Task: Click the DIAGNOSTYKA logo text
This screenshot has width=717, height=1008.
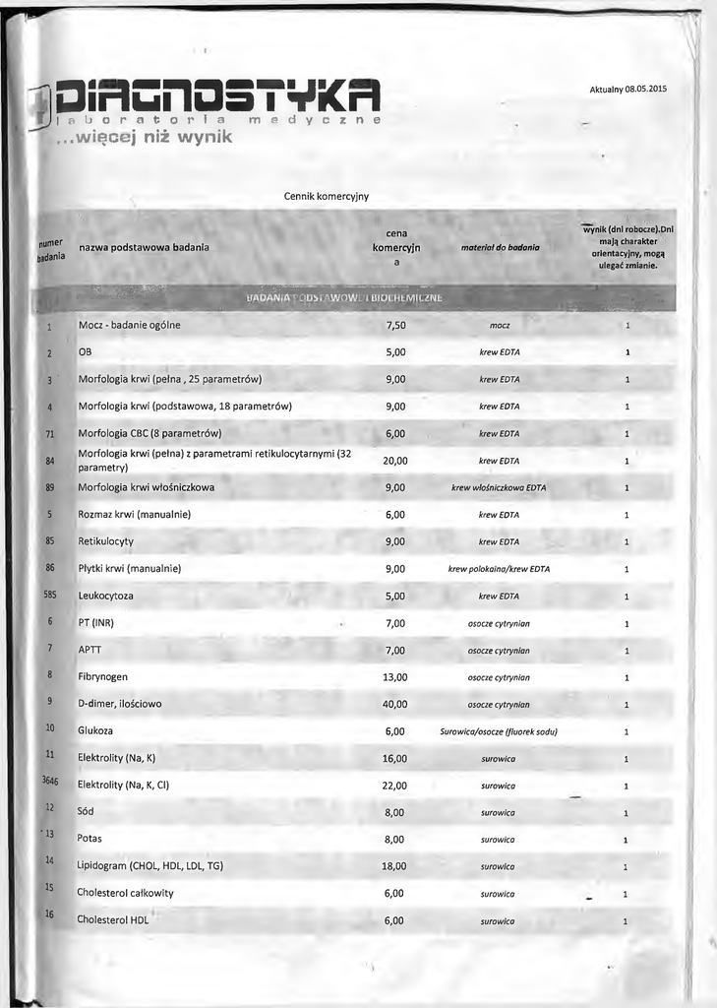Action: tap(217, 95)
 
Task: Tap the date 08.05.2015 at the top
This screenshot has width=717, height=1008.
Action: tap(645, 90)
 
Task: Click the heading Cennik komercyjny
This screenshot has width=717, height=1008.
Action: tap(327, 196)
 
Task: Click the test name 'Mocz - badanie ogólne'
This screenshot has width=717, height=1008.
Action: tap(129, 325)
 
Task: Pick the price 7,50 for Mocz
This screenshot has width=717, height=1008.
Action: tap(395, 325)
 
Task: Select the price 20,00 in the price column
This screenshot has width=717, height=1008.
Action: tap(395, 461)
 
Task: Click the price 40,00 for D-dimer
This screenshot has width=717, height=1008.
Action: tap(394, 704)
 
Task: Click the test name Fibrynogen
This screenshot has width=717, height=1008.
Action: tap(102, 677)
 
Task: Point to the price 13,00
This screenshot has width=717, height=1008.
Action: tap(394, 677)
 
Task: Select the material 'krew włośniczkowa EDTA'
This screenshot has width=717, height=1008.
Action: tap(499, 487)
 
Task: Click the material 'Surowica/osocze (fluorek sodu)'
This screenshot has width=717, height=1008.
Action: tap(499, 731)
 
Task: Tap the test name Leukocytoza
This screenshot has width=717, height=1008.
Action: tap(105, 596)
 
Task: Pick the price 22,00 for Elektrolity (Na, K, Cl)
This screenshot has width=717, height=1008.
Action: tap(394, 786)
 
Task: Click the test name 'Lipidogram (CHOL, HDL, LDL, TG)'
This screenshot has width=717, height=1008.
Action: tap(149, 866)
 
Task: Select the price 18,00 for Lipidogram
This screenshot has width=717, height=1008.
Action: tap(394, 866)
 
